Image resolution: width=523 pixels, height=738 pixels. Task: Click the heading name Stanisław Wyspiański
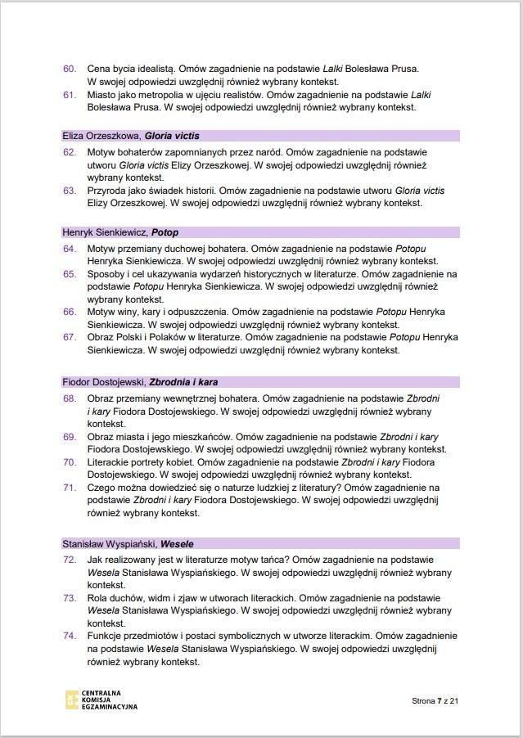pyautogui.click(x=109, y=543)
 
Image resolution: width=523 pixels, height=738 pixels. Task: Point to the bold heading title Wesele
pyautogui.click(x=177, y=543)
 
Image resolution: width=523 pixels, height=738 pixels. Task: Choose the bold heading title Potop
pyautogui.click(x=165, y=232)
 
